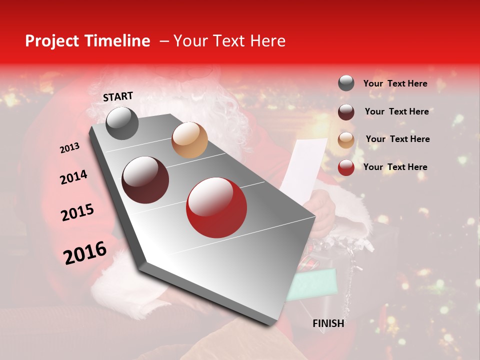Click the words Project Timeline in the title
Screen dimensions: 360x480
(87, 41)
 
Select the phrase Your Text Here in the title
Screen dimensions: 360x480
(229, 41)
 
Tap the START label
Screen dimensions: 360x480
(118, 96)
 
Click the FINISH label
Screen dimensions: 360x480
(328, 323)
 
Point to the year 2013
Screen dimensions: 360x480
(69, 148)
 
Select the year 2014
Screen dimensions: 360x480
(73, 177)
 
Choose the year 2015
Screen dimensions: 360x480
(77, 213)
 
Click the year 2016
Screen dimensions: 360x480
(85, 252)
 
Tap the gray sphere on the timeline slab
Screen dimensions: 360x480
(122, 123)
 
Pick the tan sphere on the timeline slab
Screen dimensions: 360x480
(189, 140)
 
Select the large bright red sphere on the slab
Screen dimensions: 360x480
(216, 208)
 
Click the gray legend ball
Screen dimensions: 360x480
(346, 83)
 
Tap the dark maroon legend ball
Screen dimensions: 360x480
(346, 112)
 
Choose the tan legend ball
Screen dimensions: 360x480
(346, 140)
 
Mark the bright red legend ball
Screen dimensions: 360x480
(346, 167)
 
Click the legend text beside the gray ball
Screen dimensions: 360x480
(395, 84)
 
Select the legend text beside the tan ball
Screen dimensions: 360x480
(397, 139)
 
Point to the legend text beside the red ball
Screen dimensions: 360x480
(395, 167)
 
